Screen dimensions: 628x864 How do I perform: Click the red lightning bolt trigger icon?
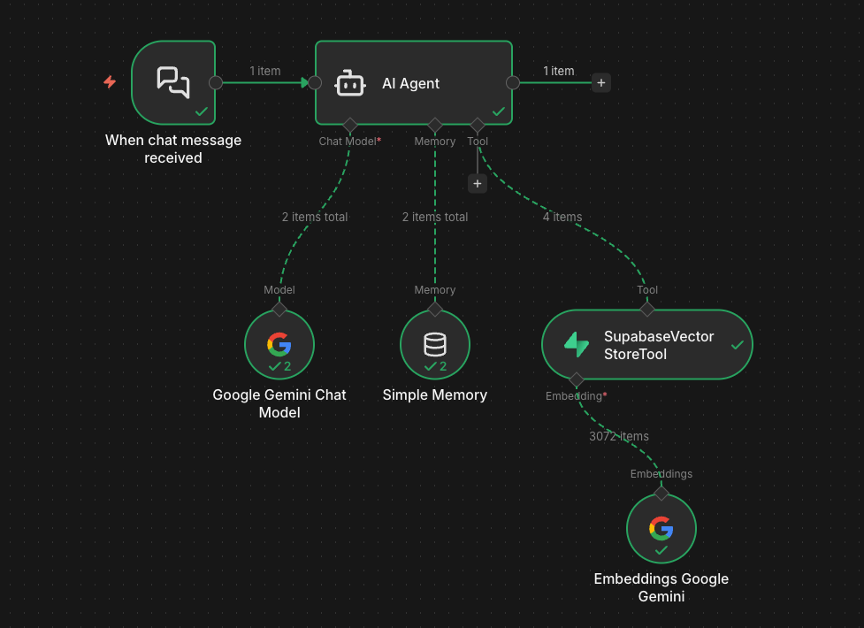click(110, 82)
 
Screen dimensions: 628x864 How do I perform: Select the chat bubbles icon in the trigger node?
click(173, 81)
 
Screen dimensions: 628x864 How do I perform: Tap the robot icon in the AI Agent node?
click(350, 83)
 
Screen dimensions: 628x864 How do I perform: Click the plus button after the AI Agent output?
click(601, 83)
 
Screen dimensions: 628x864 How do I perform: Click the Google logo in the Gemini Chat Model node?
click(279, 343)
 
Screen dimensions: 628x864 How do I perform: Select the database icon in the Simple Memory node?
click(435, 343)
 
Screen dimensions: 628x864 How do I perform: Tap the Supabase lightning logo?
click(577, 345)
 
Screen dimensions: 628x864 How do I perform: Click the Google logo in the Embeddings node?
click(661, 528)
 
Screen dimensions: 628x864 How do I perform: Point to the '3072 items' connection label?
click(619, 436)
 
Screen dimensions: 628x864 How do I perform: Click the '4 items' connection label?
click(562, 217)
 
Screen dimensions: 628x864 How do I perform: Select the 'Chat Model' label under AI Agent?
click(348, 142)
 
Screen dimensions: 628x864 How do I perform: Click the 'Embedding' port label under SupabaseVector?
click(574, 396)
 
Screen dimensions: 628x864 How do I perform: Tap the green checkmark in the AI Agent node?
click(499, 112)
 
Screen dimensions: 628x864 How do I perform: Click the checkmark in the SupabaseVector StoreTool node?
click(737, 345)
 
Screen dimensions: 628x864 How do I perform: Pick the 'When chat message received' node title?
click(173, 149)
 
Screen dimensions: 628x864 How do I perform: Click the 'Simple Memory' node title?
click(435, 394)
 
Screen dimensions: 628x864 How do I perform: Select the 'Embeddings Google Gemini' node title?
click(661, 587)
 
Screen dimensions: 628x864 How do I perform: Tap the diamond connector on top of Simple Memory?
click(435, 310)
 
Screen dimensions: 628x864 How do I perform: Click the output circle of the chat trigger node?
click(216, 83)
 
